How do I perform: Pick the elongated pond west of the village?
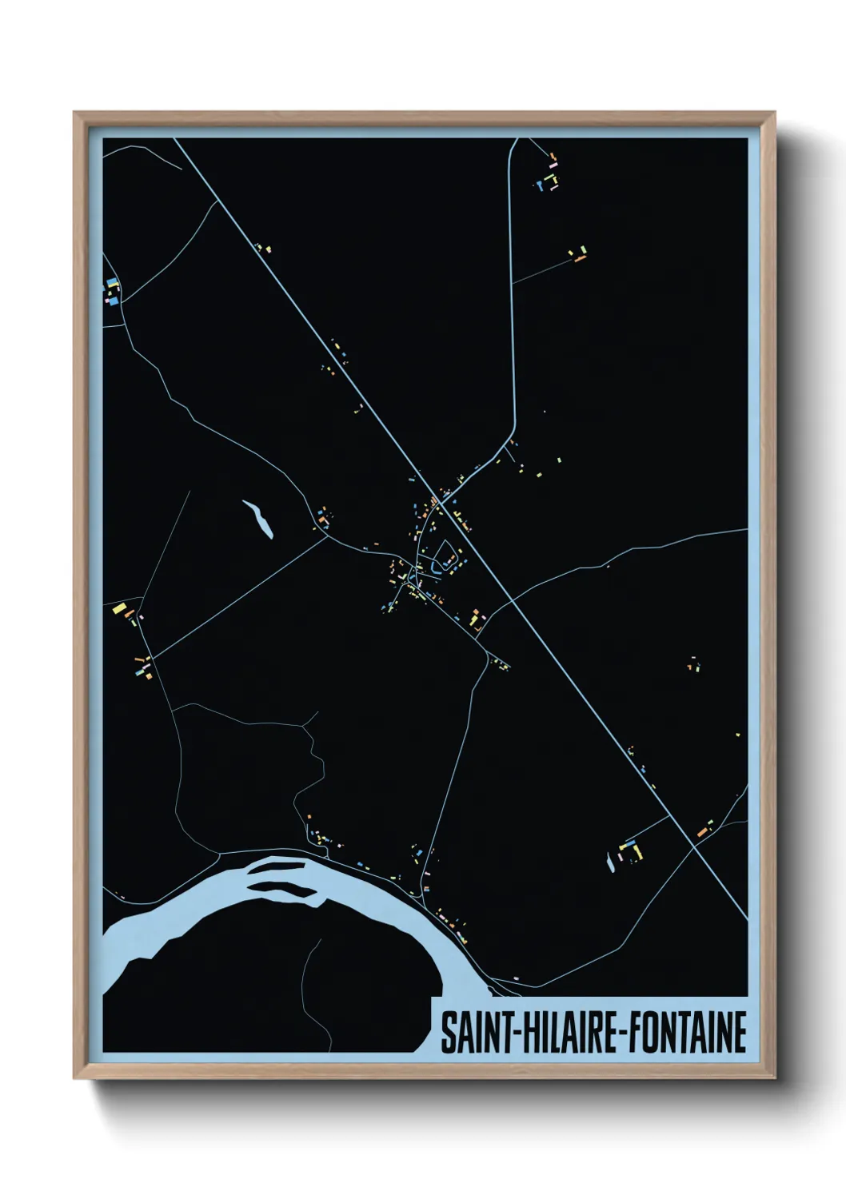pyautogui.click(x=258, y=519)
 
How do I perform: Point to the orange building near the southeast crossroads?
pyautogui.click(x=704, y=830)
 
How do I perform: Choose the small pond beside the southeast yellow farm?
pyautogui.click(x=611, y=861)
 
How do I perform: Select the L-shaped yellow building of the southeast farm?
pyautogui.click(x=637, y=850)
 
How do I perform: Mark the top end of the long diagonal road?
pyautogui.click(x=174, y=140)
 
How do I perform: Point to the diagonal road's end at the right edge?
pyautogui.click(x=746, y=918)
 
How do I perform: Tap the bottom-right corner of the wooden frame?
pyautogui.click(x=773, y=1077)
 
